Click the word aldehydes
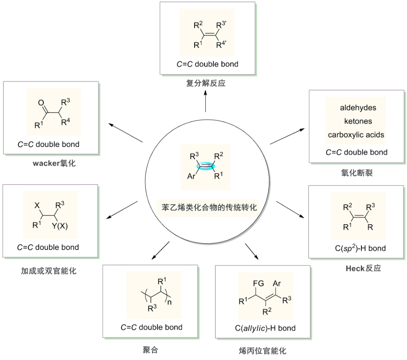coord(358,108)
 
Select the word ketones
coord(358,121)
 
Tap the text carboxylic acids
coord(356,135)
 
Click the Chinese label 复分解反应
coord(206,83)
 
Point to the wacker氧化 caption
coord(54,163)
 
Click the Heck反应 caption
coord(363,268)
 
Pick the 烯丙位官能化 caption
coord(263,351)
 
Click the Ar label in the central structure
coord(191,176)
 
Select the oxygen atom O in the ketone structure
coord(41,102)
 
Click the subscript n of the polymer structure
coord(169,303)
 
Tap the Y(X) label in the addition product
coord(61,226)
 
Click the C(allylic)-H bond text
coord(263,328)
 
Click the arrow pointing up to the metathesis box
coord(206,102)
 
